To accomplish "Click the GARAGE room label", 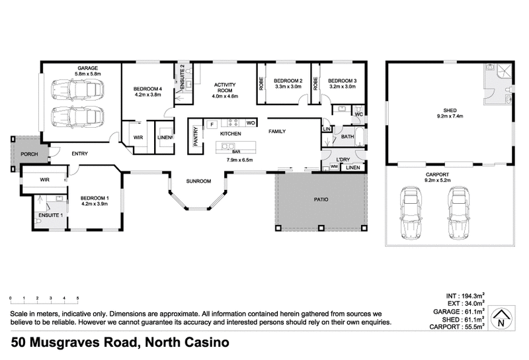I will point(88,69).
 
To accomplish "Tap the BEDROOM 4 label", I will point(147,89).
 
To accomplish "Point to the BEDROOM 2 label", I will point(288,79).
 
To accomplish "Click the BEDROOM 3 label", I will point(342,79).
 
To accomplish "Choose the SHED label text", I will point(449,110).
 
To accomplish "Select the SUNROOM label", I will point(198,181).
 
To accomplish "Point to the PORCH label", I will point(29,154).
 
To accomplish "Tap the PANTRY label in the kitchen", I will point(196,137).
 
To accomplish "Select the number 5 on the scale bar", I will point(78,298).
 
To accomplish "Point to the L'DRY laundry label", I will point(343,159).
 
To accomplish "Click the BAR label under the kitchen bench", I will point(235,152).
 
